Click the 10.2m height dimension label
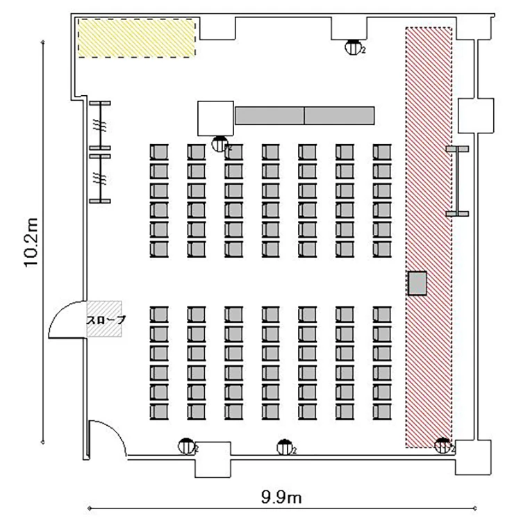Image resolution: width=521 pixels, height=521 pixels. pyautogui.click(x=31, y=242)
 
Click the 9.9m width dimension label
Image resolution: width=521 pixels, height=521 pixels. pyautogui.click(x=281, y=498)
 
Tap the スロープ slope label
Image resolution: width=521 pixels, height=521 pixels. pyautogui.click(x=106, y=320)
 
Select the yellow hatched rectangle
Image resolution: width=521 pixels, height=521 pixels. pyautogui.click(x=137, y=38)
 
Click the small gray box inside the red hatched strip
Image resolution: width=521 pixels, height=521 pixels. pyautogui.click(x=417, y=283)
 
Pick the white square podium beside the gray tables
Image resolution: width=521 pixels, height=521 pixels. pyautogui.click(x=215, y=118)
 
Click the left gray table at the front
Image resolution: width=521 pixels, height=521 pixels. pyautogui.click(x=270, y=115)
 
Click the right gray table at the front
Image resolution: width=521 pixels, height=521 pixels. pyautogui.click(x=339, y=115)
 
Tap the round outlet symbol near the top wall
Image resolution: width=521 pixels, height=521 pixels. pyautogui.click(x=354, y=47)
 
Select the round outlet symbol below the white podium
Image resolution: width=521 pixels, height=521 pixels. pyautogui.click(x=220, y=144)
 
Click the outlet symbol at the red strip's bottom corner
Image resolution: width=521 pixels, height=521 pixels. pyautogui.click(x=443, y=445)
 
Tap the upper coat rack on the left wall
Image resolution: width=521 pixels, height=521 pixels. pyautogui.click(x=100, y=126)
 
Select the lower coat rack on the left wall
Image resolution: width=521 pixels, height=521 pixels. pyautogui.click(x=100, y=178)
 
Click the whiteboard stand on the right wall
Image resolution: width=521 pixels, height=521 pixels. pyautogui.click(x=458, y=181)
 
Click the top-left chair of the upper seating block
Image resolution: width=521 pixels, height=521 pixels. pyautogui.click(x=159, y=152)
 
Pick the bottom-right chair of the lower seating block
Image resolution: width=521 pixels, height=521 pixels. pyautogui.click(x=382, y=412)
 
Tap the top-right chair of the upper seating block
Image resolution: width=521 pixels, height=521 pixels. pyautogui.click(x=382, y=152)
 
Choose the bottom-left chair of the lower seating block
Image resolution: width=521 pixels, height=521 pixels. pyautogui.click(x=159, y=412)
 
